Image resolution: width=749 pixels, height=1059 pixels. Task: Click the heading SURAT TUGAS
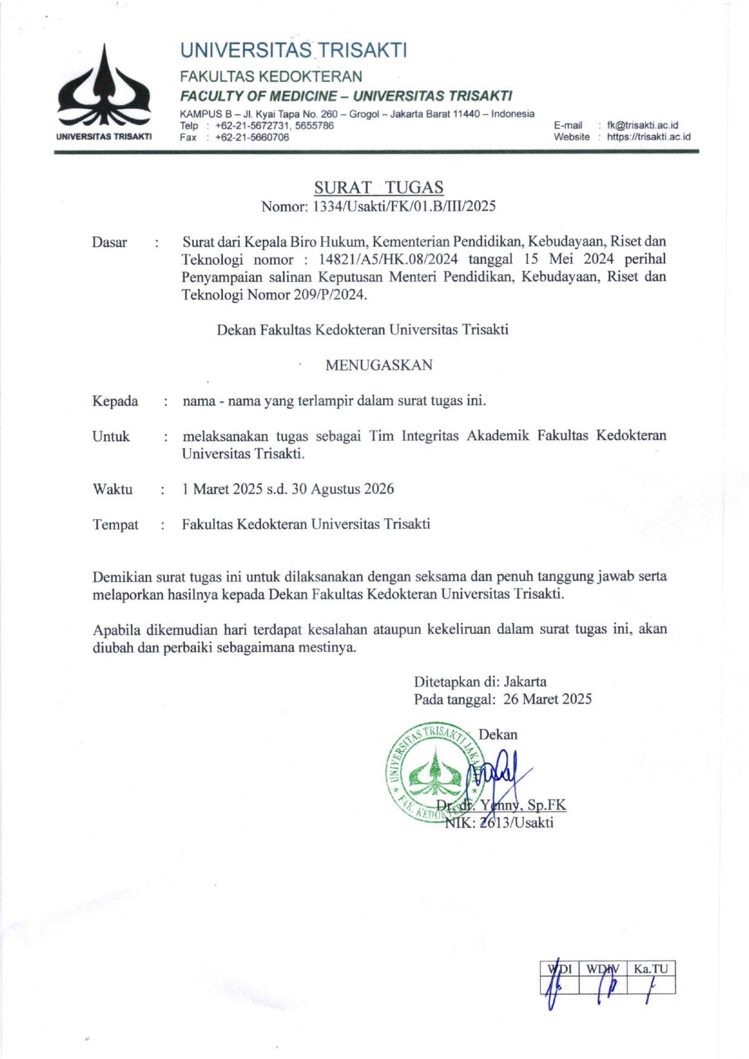click(379, 187)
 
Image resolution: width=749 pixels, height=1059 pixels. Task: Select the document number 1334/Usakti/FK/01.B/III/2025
click(404, 206)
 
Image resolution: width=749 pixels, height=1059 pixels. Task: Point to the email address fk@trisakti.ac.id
click(642, 125)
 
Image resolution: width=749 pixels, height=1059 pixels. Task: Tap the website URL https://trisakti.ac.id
click(648, 136)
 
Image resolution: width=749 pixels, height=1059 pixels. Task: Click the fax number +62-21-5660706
click(252, 137)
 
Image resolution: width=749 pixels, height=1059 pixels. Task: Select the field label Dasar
click(109, 243)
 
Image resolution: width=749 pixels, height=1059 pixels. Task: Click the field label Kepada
click(115, 401)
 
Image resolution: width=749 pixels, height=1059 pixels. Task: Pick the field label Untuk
click(111, 437)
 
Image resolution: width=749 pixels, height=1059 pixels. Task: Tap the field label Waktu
click(112, 489)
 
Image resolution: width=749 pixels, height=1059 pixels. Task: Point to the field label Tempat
click(115, 525)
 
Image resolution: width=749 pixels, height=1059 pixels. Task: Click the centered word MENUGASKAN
click(379, 365)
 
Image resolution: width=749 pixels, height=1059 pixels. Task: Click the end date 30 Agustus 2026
click(342, 489)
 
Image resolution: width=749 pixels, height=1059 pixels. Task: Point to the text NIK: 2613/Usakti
click(499, 822)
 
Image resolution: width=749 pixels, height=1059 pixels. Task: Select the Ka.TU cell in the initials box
click(651, 969)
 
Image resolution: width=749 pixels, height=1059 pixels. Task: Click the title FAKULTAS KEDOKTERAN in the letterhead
click(271, 77)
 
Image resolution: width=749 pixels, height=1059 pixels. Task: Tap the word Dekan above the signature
click(498, 735)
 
